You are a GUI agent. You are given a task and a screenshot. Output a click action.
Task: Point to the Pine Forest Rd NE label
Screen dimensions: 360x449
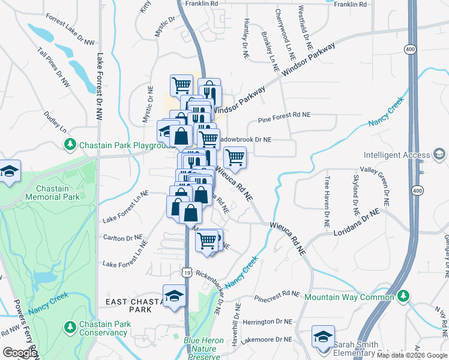click(284, 115)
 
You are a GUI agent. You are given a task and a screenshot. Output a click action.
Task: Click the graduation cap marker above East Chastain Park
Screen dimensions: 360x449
click(175, 296)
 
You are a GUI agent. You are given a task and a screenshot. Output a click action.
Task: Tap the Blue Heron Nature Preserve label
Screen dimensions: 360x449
click(203, 349)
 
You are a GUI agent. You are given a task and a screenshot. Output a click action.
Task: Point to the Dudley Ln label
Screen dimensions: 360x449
click(55, 121)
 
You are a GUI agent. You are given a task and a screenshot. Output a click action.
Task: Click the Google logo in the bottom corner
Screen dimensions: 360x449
click(20, 353)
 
